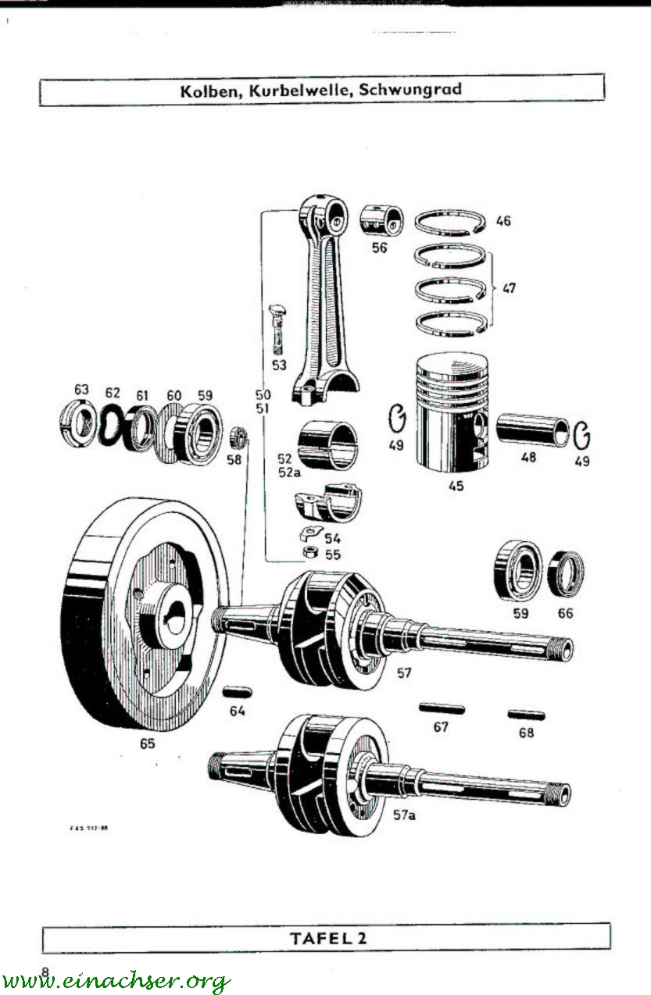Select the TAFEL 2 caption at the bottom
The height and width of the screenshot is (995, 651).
click(x=327, y=938)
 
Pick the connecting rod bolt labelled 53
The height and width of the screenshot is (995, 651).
click(x=278, y=328)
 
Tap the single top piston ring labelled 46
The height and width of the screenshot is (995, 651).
click(x=449, y=223)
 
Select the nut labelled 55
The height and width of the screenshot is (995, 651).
click(x=309, y=553)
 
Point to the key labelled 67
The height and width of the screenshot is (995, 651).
click(x=442, y=709)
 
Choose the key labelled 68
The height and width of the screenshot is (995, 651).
click(x=527, y=715)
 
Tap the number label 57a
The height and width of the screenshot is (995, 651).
click(x=405, y=815)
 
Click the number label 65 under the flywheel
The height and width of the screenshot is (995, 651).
click(x=147, y=744)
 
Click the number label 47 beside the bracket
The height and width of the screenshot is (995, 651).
click(x=509, y=288)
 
